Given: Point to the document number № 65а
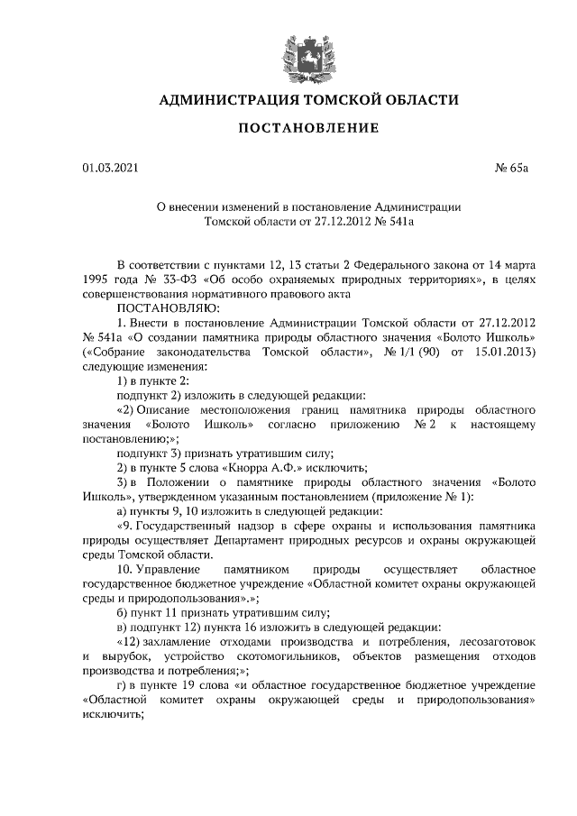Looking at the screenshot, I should (492, 167).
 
